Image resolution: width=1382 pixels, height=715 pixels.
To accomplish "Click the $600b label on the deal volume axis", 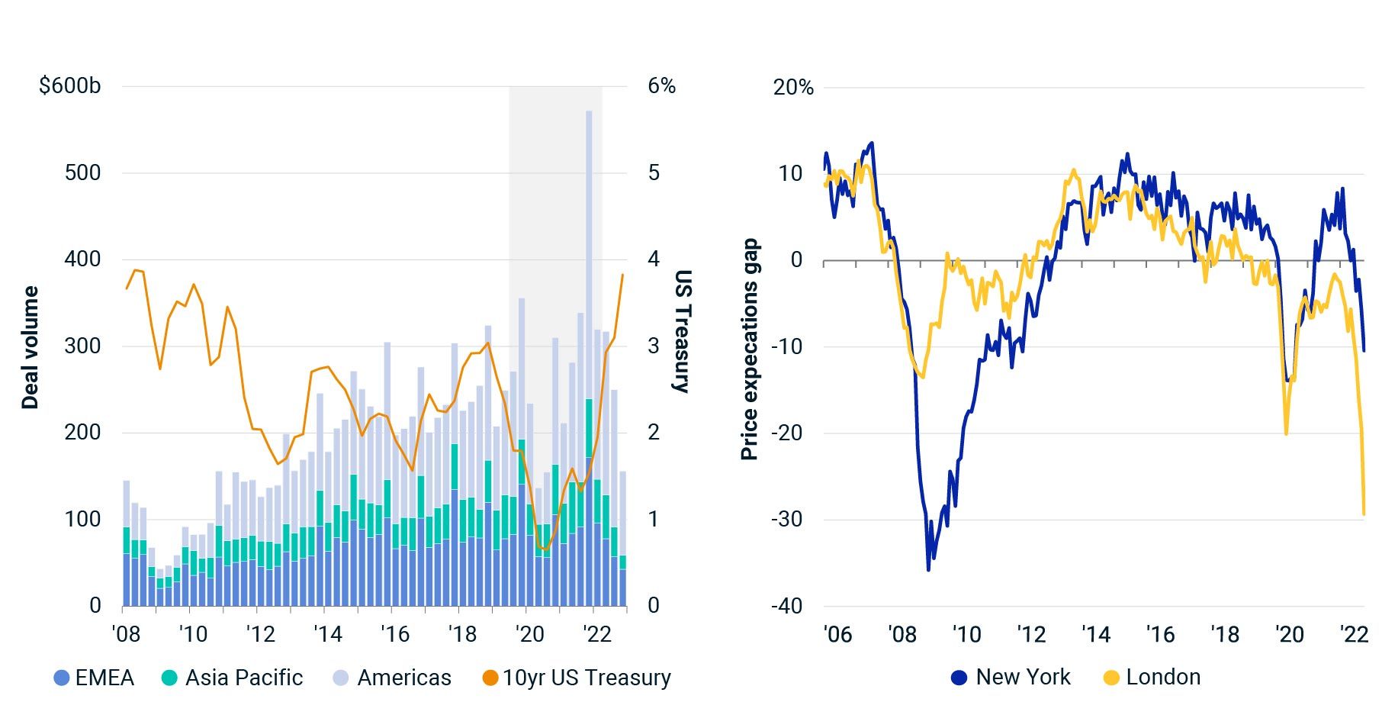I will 70,85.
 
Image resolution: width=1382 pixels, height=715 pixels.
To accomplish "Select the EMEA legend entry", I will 95,678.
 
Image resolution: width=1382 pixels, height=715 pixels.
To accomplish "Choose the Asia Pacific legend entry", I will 233,678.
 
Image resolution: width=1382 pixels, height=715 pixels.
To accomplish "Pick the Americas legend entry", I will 393,678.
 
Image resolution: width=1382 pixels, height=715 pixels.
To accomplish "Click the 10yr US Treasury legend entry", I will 577,678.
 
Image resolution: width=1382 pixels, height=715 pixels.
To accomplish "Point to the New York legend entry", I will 1011,678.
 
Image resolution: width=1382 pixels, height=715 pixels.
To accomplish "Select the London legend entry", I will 1152,678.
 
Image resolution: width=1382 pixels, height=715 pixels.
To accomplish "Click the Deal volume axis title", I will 30,348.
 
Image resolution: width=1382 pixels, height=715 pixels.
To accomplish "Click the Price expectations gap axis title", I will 750,349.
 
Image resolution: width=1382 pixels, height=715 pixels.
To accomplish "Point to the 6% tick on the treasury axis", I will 661,85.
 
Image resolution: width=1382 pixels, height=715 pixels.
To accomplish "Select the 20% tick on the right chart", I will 793,88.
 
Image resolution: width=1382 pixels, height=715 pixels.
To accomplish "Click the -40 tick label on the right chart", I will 786,606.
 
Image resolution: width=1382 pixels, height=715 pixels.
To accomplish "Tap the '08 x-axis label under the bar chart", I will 126,634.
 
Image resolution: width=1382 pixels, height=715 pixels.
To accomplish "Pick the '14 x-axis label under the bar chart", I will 327,634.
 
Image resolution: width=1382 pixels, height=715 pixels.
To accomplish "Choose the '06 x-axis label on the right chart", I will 837,634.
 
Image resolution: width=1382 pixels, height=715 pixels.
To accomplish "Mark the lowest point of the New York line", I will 928,569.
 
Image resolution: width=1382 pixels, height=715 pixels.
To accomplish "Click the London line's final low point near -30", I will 1364,514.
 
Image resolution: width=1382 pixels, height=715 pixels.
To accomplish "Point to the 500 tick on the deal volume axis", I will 82,172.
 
